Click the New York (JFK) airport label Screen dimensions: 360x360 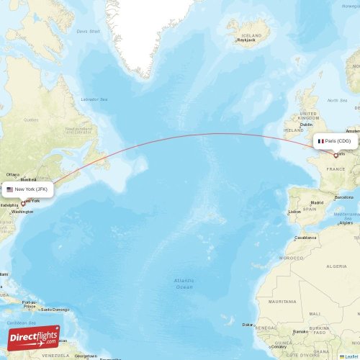click(x=27, y=189)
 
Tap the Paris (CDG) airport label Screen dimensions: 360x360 click(x=335, y=141)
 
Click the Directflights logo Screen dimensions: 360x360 click(x=34, y=337)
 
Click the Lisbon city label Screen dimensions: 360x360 click(x=294, y=212)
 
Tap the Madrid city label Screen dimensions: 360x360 click(x=317, y=203)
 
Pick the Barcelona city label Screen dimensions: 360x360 click(x=343, y=197)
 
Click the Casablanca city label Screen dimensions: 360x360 click(x=305, y=237)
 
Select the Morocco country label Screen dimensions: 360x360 click(x=292, y=258)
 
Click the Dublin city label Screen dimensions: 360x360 click(x=307, y=124)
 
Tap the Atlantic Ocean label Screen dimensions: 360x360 click(x=184, y=283)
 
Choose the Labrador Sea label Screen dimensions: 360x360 click(x=94, y=99)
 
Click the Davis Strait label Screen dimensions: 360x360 click(x=88, y=32)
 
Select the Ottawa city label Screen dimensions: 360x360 click(x=13, y=174)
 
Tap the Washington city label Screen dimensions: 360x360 click(x=22, y=212)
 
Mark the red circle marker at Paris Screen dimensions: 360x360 click(x=336, y=155)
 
